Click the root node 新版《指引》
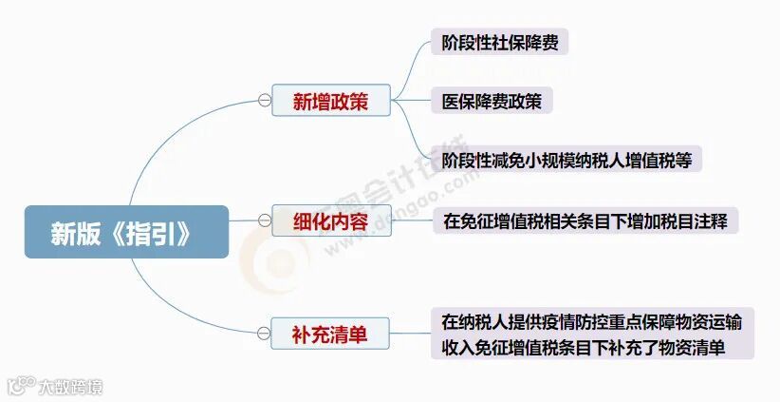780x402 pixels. (x=126, y=232)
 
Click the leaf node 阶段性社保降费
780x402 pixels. (x=499, y=43)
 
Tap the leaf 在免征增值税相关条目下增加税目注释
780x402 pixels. (x=585, y=222)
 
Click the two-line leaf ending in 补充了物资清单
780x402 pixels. (x=592, y=334)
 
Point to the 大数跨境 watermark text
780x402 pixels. (x=71, y=387)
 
